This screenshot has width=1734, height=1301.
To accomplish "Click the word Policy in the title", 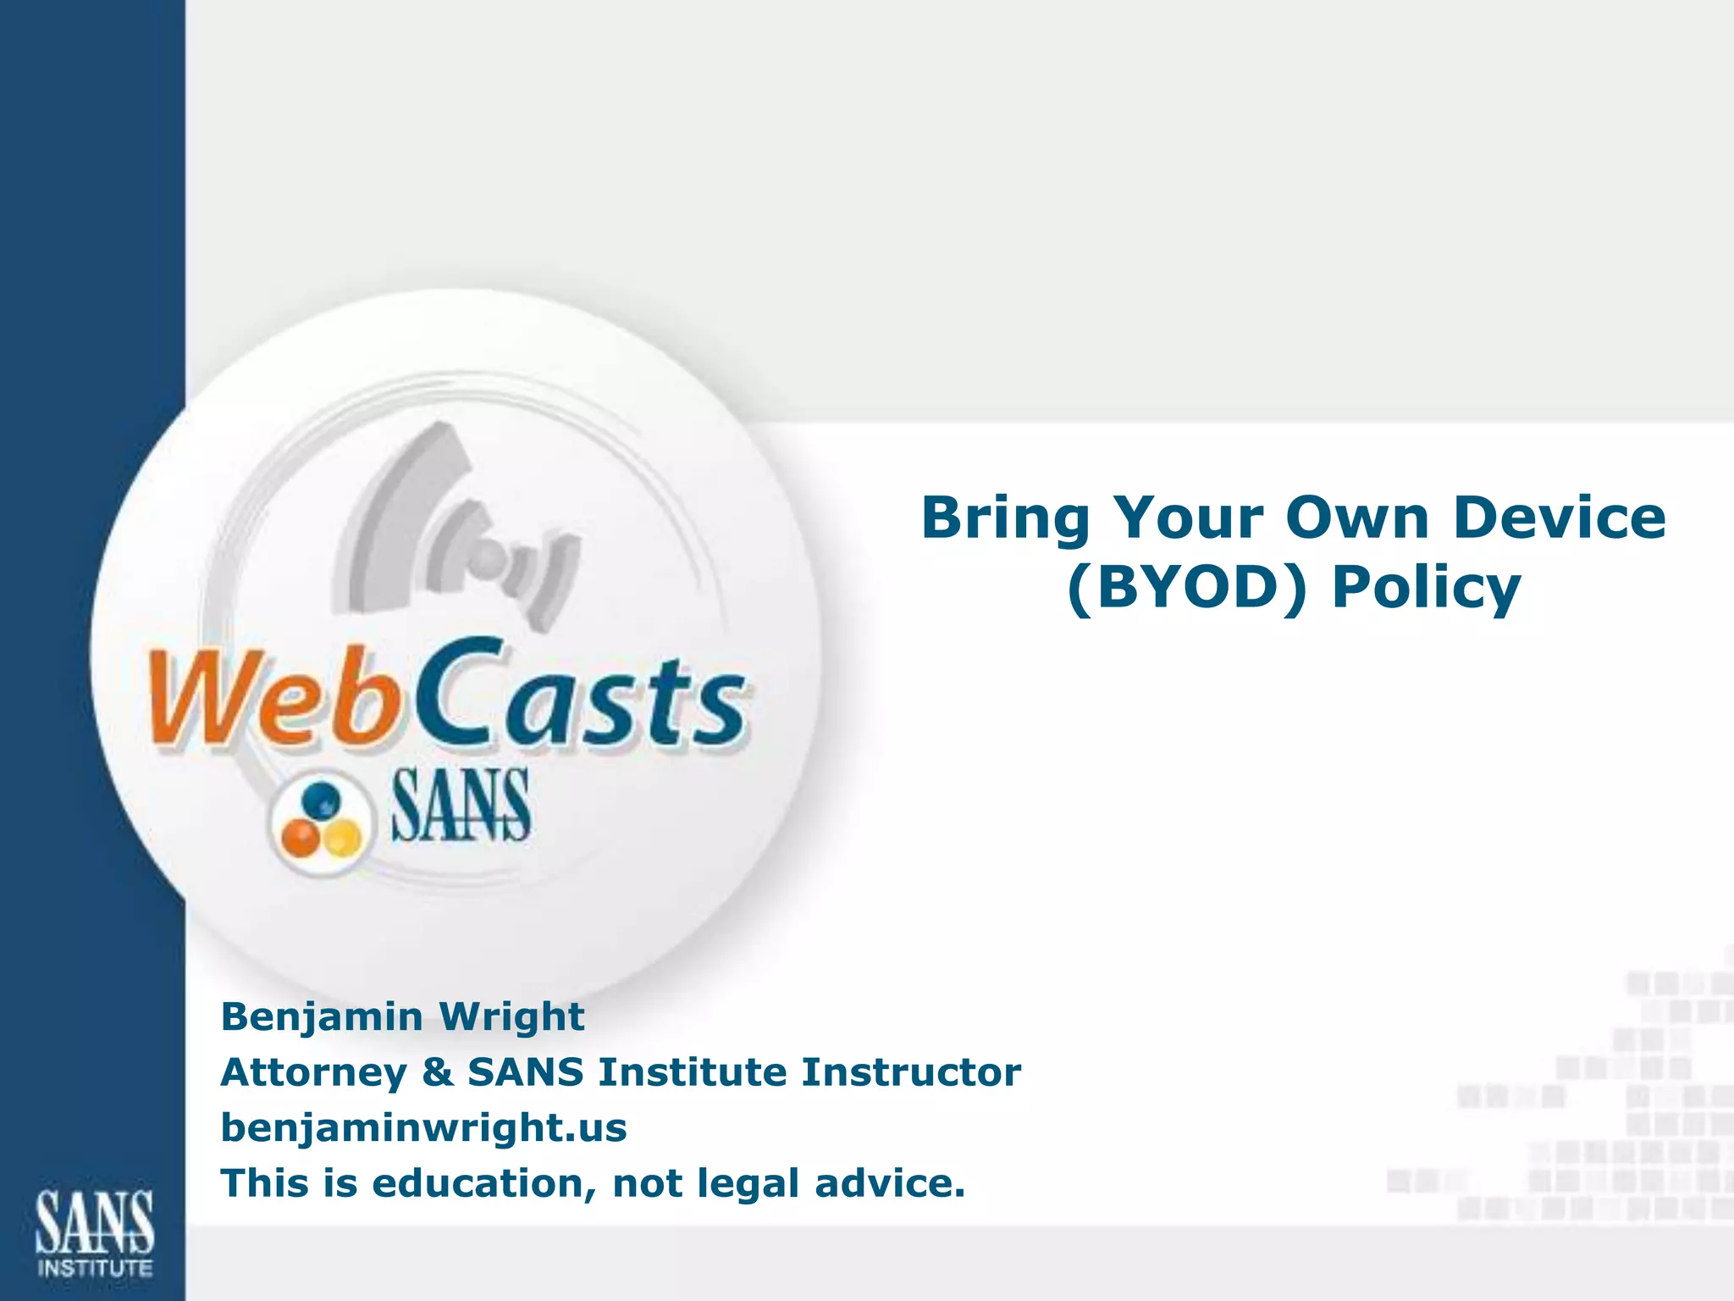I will (x=1426, y=589).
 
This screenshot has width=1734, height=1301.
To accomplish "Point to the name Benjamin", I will (x=322, y=1016).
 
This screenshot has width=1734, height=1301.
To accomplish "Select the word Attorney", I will (x=314, y=1073).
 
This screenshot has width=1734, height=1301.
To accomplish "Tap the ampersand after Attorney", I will (x=437, y=1072).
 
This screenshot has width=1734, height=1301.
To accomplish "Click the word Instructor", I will (x=911, y=1072).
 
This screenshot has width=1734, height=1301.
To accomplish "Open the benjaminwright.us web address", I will (x=423, y=1128).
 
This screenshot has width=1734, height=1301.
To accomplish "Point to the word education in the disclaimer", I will (x=483, y=1183).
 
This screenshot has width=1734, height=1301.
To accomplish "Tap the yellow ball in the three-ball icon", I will (x=342, y=838).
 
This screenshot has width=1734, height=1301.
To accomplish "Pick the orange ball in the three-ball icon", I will (x=300, y=838).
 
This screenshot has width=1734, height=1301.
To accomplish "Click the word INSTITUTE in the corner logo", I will (x=95, y=1269).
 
